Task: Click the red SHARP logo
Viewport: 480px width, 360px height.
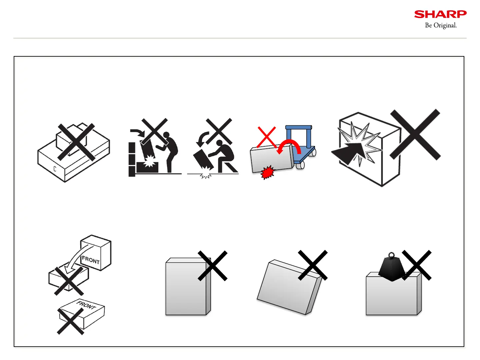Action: coord(440,14)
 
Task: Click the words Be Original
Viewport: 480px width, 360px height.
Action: coord(441,25)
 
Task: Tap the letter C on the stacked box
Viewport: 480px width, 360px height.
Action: coord(55,169)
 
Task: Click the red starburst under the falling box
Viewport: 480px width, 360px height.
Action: coord(267,173)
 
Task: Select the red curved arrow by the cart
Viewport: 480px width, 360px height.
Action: coord(289,146)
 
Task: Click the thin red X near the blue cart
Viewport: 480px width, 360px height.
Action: coord(266,137)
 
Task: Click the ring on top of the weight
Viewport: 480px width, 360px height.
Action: coord(392,256)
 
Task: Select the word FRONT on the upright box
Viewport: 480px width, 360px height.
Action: coord(91,260)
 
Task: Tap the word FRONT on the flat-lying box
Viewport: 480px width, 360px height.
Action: coord(86,305)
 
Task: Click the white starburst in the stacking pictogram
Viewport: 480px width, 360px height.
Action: coord(149,161)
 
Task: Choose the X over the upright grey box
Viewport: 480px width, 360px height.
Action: coord(213,266)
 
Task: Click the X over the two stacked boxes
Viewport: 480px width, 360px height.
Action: coord(76,142)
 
